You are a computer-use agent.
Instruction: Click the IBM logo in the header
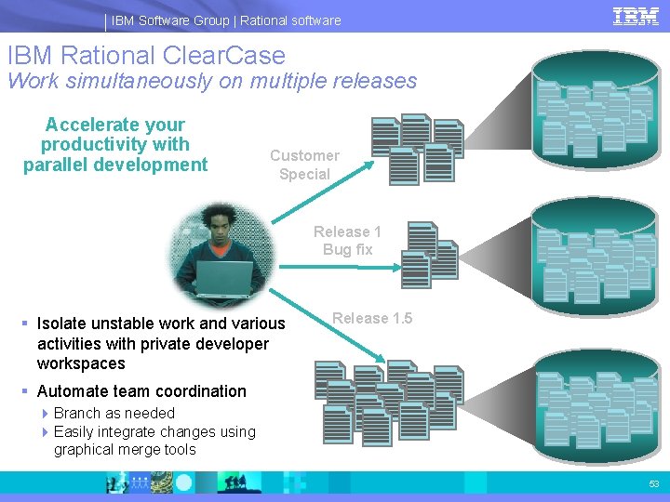pos(636,16)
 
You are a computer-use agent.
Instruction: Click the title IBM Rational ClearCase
pos(146,56)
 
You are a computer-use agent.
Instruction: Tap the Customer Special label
pos(304,165)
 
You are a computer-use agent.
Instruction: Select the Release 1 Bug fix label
pos(347,241)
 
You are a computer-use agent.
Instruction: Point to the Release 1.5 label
pos(372,318)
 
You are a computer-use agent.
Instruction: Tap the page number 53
pos(653,484)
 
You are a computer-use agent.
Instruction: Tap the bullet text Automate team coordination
pos(141,391)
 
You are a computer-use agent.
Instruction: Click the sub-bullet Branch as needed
pos(114,413)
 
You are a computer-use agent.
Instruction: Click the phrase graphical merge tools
pos(125,450)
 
